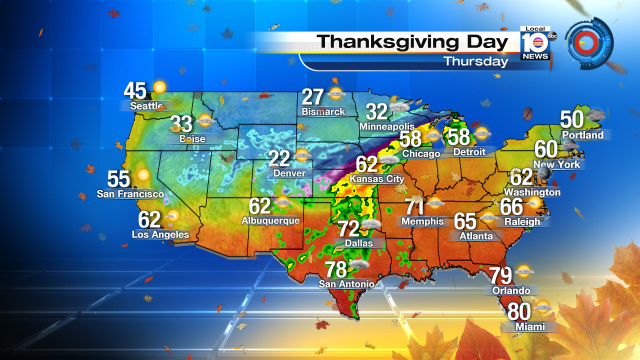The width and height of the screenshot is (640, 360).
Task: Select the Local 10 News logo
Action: pyautogui.click(x=535, y=45)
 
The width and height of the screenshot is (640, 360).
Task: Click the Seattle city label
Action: pyautogui.click(x=146, y=106)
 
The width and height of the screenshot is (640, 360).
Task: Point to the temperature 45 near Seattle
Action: pyautogui.click(x=135, y=90)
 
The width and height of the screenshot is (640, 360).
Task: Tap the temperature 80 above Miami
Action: pyautogui.click(x=519, y=312)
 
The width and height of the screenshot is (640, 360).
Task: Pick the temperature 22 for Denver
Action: pyautogui.click(x=279, y=158)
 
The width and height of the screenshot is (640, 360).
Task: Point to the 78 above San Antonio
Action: pyautogui.click(x=335, y=269)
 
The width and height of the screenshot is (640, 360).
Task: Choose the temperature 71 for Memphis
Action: pyautogui.click(x=415, y=210)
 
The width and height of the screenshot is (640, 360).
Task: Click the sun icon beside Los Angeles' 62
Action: pyautogui.click(x=172, y=217)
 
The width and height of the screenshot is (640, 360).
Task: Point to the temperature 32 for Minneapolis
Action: pyautogui.click(x=376, y=112)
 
